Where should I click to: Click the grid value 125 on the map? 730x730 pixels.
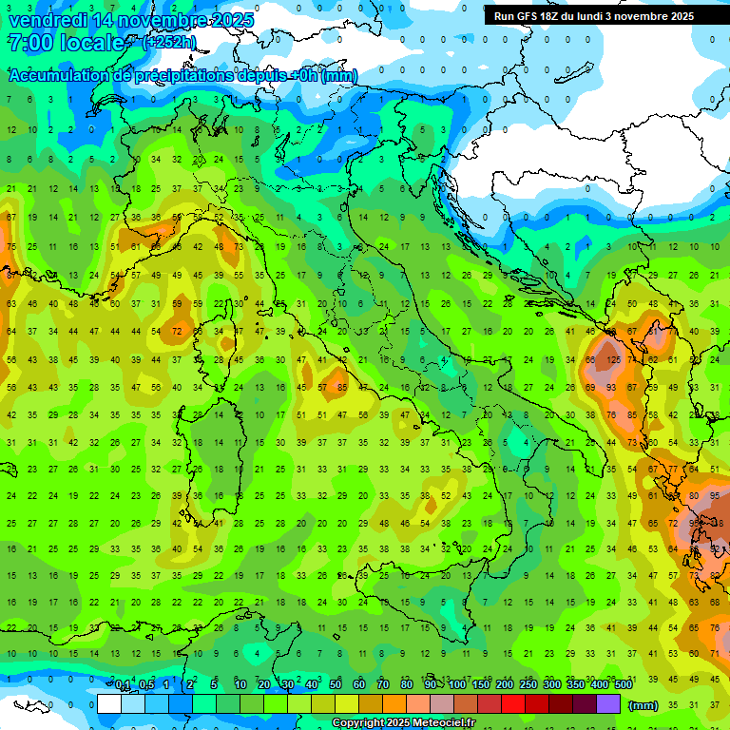point(614,360)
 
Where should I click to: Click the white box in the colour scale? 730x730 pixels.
point(109,704)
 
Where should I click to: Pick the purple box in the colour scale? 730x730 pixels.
point(608,704)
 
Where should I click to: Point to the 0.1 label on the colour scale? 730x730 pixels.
point(123,685)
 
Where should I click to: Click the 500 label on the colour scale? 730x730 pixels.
point(623,685)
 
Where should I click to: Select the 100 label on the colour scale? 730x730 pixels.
point(457,685)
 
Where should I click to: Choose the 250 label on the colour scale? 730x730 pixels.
point(528,685)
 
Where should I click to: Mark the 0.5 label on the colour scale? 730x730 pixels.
point(146,685)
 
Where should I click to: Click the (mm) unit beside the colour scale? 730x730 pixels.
point(644,705)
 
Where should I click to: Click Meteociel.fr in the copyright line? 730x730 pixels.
point(443,723)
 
